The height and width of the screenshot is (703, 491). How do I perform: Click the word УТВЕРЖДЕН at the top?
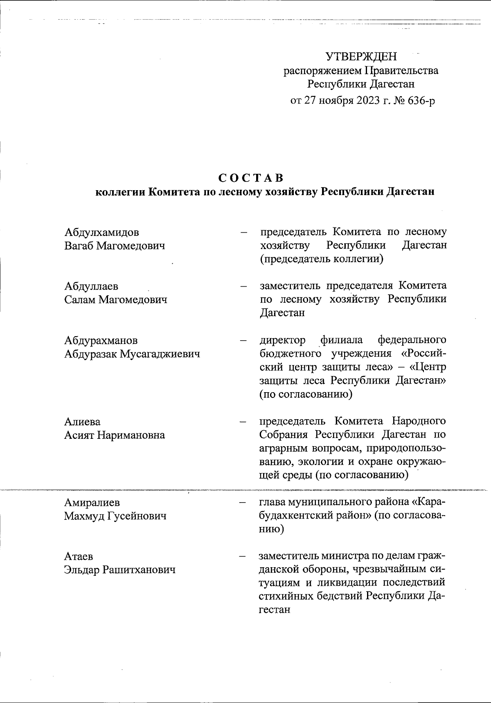click(x=361, y=56)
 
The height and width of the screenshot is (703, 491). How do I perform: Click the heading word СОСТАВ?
click(x=251, y=178)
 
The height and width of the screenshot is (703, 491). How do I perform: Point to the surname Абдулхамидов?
click(x=101, y=233)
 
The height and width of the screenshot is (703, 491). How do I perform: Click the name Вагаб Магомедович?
click(x=115, y=246)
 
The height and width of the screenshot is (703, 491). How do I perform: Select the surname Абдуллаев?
click(x=91, y=286)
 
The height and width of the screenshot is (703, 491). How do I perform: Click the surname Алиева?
click(x=82, y=422)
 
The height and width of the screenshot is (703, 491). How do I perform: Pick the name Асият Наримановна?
click(x=115, y=435)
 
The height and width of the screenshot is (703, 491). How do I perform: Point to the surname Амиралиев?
click(x=92, y=503)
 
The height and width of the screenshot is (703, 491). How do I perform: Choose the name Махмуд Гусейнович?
click(x=115, y=516)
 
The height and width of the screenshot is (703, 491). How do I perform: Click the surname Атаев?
click(x=79, y=557)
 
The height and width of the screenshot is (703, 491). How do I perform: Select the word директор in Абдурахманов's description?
click(x=282, y=340)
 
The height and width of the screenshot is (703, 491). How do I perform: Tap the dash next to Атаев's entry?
click(x=243, y=557)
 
